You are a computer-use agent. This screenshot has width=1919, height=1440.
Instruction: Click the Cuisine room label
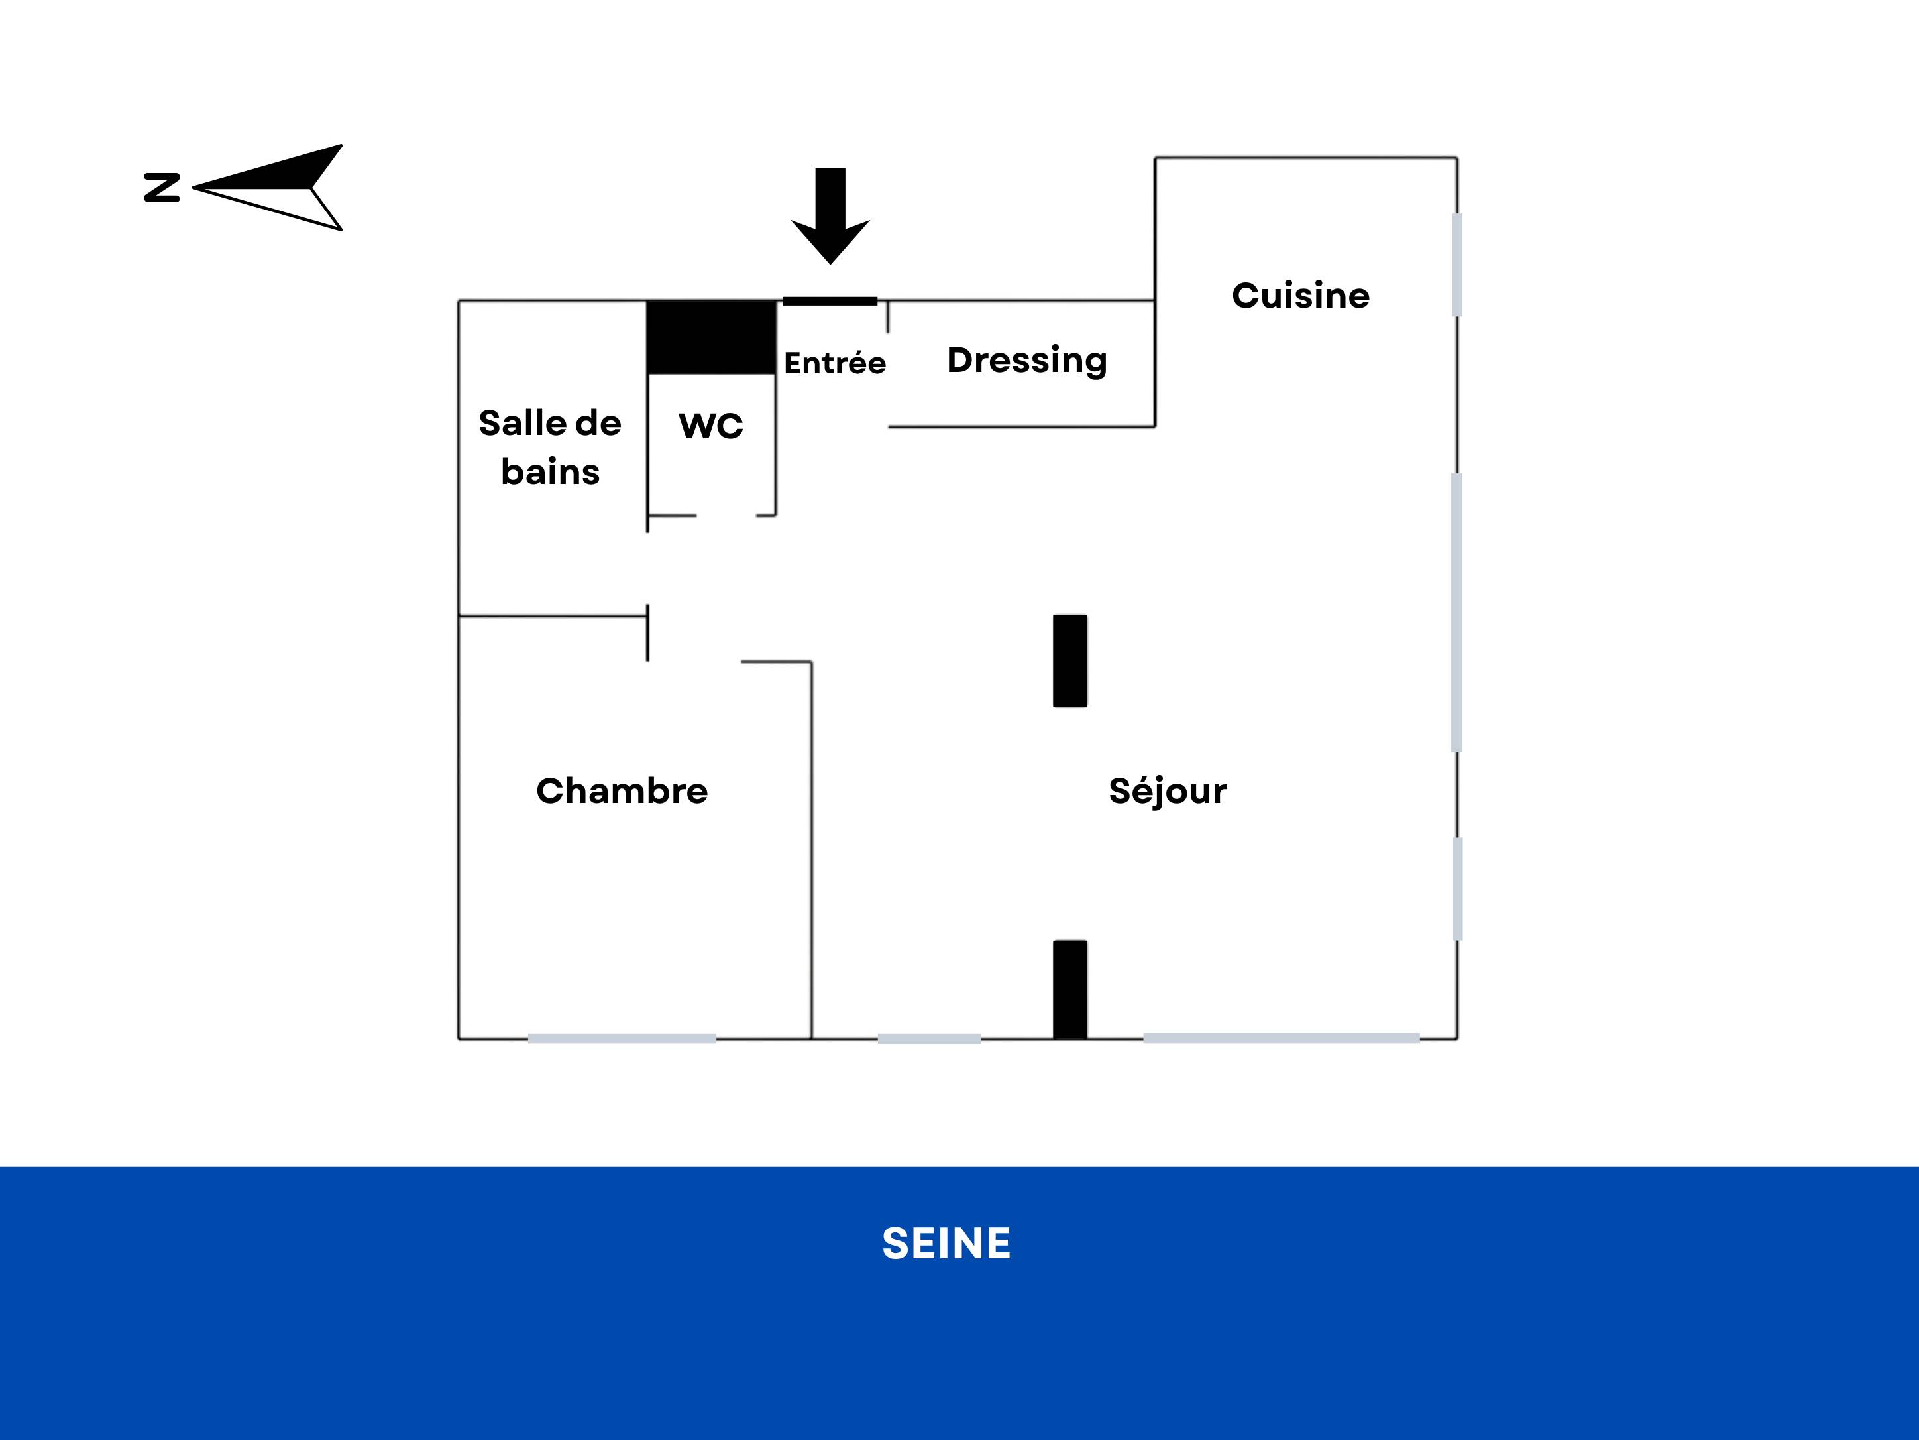click(1301, 295)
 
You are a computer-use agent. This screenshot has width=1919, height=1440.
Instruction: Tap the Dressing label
click(1027, 360)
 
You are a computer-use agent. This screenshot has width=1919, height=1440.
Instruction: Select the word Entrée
click(834, 362)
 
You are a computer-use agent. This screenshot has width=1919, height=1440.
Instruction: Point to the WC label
click(710, 426)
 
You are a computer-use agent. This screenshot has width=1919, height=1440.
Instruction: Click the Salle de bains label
click(550, 447)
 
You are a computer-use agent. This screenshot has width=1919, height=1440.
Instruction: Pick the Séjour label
click(1168, 792)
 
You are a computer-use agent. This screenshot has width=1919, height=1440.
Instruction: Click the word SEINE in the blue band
click(946, 1243)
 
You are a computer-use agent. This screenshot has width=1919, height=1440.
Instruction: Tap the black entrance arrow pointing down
click(830, 216)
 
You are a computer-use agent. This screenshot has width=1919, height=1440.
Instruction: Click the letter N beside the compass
click(162, 188)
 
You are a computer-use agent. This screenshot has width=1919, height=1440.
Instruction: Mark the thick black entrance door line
click(830, 301)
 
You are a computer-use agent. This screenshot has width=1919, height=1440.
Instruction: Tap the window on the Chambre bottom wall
click(622, 1038)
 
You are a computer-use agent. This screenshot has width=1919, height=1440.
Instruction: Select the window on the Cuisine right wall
click(1456, 265)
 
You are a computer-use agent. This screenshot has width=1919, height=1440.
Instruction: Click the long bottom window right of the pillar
click(1282, 1038)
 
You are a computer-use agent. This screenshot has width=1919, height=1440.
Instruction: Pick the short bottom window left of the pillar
click(929, 1038)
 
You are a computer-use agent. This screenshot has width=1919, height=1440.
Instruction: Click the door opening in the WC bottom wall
click(726, 516)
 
